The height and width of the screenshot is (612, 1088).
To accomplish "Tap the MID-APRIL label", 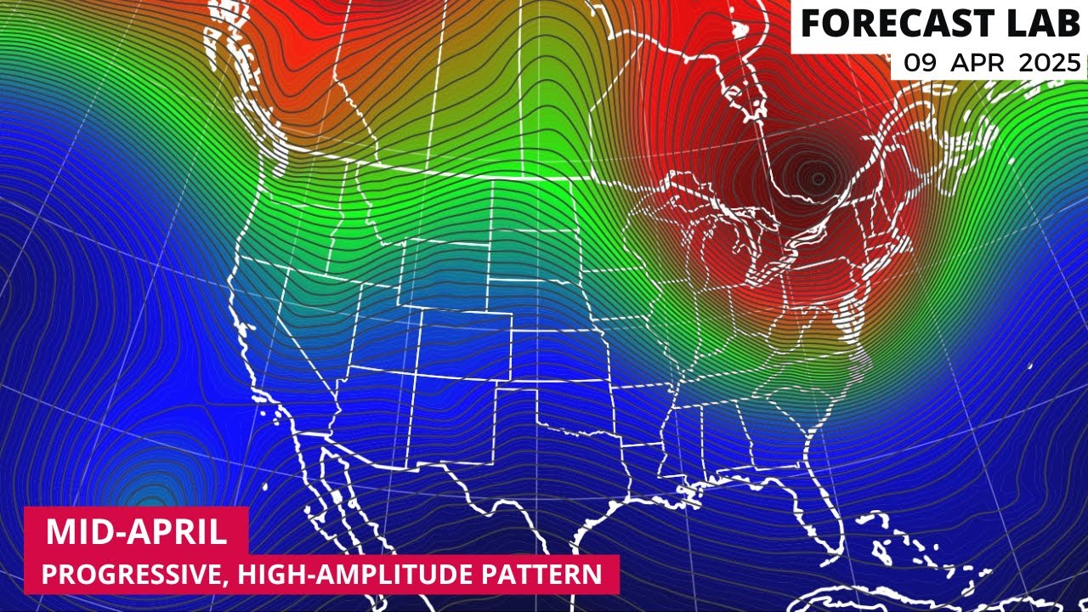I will (136, 532).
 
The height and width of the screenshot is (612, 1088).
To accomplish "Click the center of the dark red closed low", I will (818, 178).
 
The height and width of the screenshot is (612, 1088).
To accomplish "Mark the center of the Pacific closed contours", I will (151, 493).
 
